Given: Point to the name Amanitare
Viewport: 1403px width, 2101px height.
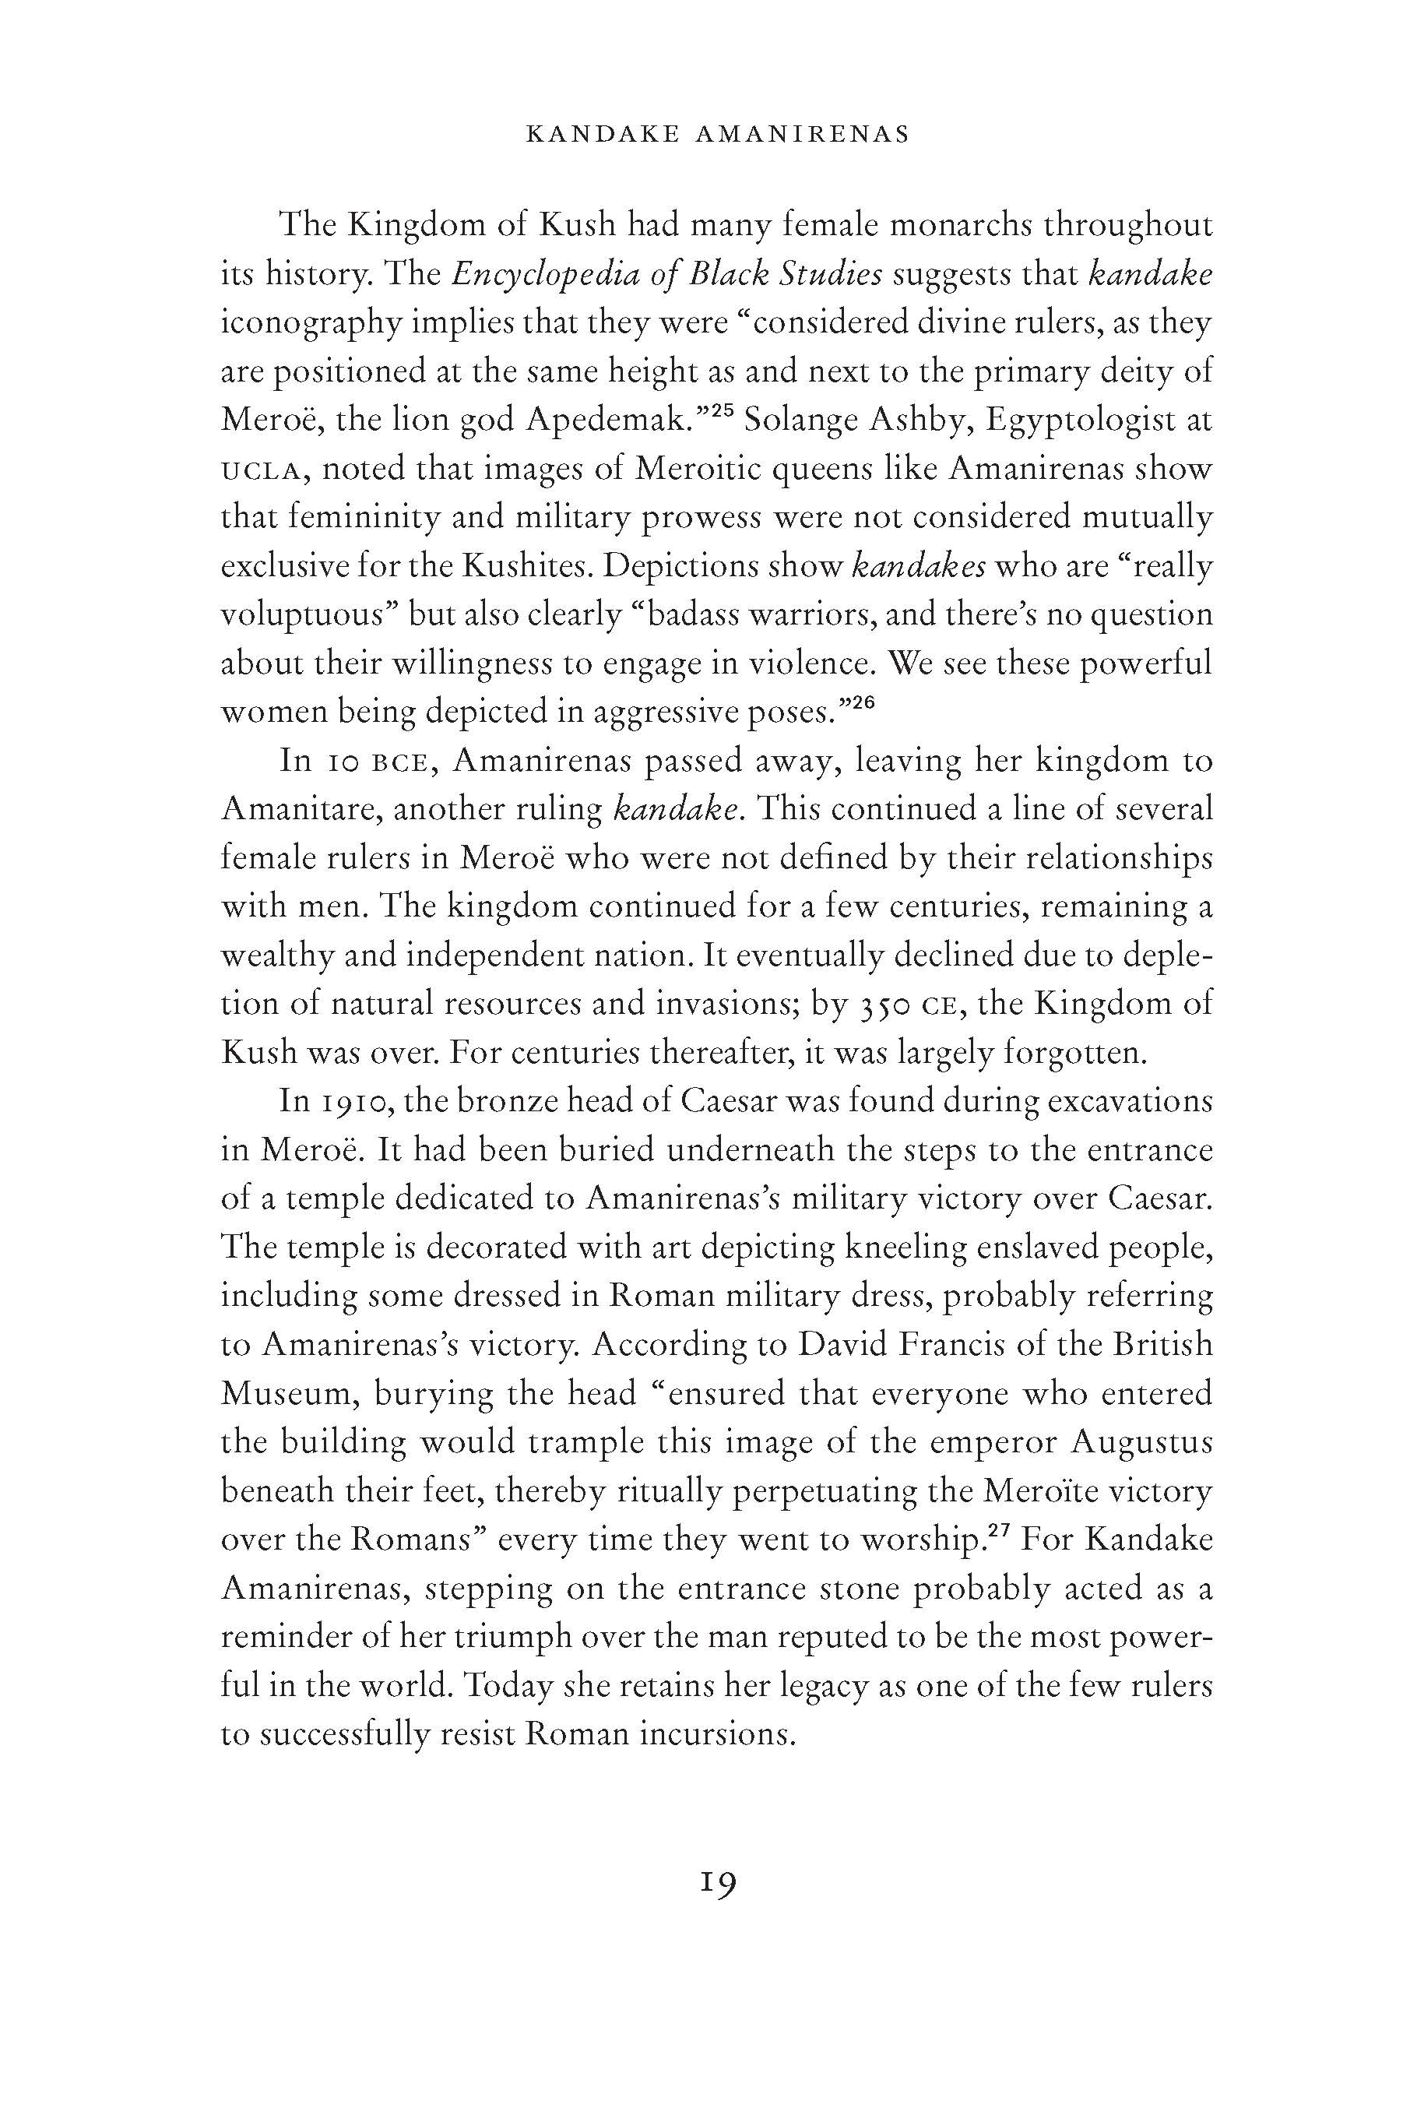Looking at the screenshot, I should [299, 810].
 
